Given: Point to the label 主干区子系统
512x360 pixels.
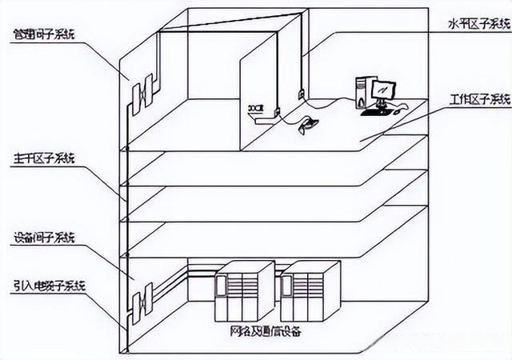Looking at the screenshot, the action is tap(41, 159).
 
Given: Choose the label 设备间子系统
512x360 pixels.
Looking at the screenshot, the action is tap(45, 238).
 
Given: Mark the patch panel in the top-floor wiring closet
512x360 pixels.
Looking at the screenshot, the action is tap(145, 91).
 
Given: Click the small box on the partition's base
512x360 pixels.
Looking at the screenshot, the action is tap(255, 108).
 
